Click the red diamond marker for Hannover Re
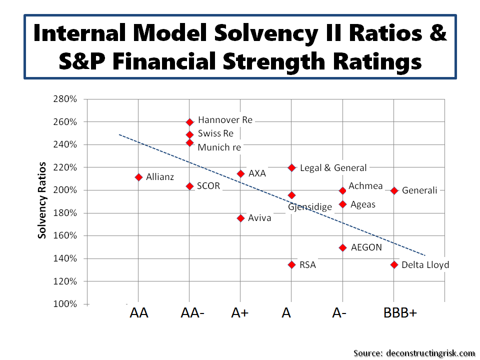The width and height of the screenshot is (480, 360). [x=189, y=122]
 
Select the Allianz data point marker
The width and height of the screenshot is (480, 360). [x=138, y=177]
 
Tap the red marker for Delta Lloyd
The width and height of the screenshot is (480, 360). [x=394, y=264]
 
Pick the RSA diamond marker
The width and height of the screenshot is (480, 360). [x=291, y=264]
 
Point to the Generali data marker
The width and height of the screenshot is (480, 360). [x=394, y=190]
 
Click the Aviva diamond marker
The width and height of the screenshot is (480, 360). [x=240, y=218]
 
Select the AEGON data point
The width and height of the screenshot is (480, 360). [x=342, y=247]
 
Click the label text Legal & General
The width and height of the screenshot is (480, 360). [x=333, y=168]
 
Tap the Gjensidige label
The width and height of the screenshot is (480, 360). [x=309, y=206]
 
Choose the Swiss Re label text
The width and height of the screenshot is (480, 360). [x=215, y=133]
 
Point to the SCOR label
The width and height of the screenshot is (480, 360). [x=208, y=186]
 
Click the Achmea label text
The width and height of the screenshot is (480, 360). [x=365, y=186]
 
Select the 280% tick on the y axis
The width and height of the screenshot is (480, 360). [x=65, y=99]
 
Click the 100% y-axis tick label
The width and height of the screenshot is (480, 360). [x=65, y=304]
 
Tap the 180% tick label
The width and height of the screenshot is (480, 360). [x=65, y=213]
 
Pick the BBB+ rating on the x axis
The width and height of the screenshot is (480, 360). [x=400, y=313]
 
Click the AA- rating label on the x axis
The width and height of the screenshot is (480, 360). [x=192, y=313]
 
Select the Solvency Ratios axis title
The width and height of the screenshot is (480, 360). [x=43, y=200]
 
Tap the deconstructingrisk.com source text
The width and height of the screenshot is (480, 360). [x=430, y=353]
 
